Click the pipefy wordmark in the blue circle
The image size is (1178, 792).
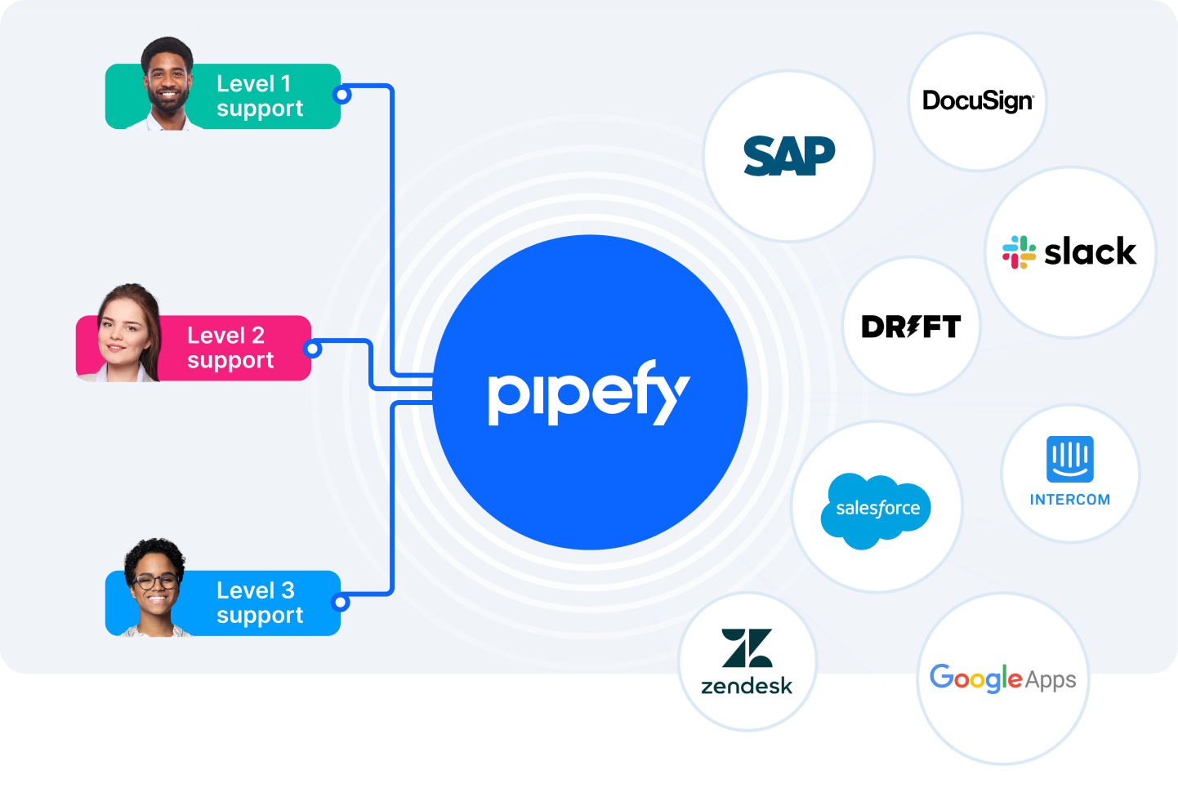589,392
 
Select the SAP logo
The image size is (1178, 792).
789,156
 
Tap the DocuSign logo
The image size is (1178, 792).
978,101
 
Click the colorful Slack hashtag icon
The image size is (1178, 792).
1019,252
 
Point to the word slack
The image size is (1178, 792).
1090,251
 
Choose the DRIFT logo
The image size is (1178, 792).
912,327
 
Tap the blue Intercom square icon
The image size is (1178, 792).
1070,459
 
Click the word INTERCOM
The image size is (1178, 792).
1070,499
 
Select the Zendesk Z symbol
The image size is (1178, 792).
747,647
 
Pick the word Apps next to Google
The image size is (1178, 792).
1051,681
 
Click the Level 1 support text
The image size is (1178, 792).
260,96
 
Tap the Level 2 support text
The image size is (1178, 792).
230,348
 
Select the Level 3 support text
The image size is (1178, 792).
260,603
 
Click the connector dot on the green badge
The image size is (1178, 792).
342,96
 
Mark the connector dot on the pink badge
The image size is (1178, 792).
313,349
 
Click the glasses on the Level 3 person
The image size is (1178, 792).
155,581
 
